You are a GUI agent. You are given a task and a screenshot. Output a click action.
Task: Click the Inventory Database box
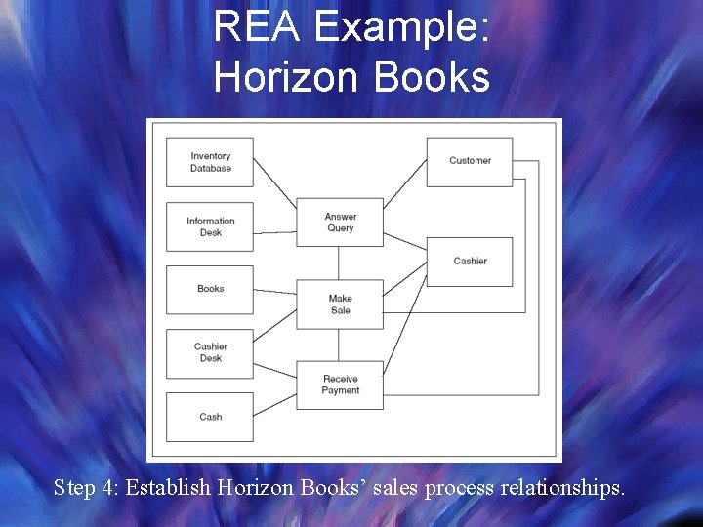tap(210, 162)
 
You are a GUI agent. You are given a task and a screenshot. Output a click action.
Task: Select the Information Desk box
tap(210, 226)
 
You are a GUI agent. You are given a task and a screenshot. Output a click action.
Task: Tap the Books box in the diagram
tap(210, 289)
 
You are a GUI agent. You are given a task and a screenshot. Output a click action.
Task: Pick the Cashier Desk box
tap(210, 352)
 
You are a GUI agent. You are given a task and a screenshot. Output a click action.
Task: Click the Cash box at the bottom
tap(210, 417)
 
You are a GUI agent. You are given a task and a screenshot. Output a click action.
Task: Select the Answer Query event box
tap(341, 223)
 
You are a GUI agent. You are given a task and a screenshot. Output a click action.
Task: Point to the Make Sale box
tap(341, 304)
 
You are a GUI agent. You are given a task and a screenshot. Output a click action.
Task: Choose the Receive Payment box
tap(341, 385)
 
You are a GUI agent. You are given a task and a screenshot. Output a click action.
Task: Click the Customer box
tap(470, 161)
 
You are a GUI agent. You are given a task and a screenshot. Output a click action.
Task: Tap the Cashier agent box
tap(470, 261)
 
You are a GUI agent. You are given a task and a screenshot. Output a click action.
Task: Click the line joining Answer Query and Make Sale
tap(340, 263)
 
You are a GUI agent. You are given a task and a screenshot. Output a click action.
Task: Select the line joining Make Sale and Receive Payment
tap(340, 345)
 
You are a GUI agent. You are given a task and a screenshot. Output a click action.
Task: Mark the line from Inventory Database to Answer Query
tap(275, 184)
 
